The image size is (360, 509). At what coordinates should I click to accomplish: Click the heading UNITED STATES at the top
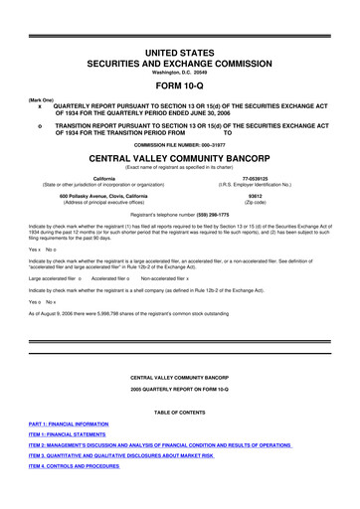[179, 50]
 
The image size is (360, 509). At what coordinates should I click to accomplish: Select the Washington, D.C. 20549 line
[179, 71]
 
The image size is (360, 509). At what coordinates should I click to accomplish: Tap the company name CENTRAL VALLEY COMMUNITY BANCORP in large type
[179, 157]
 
